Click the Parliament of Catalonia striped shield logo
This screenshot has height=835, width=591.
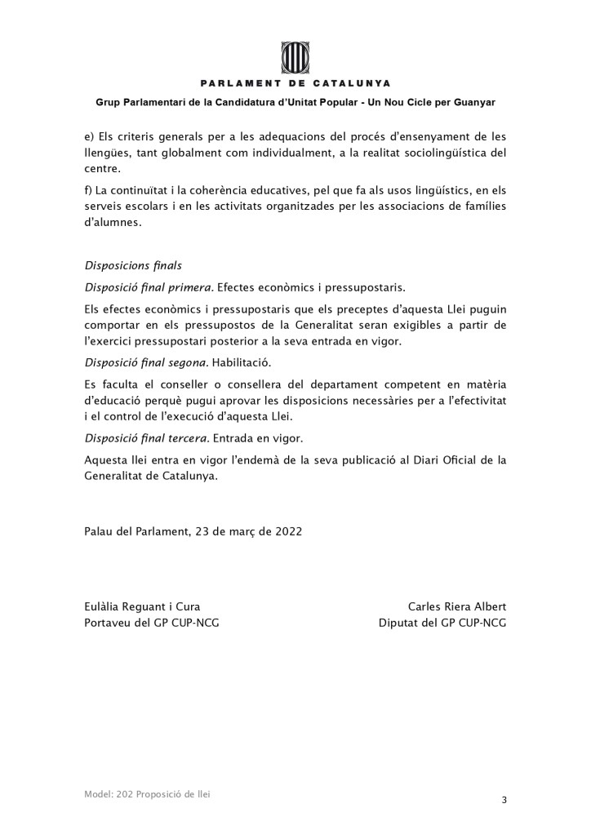click(295, 56)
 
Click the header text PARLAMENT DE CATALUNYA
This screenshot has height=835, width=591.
click(295, 83)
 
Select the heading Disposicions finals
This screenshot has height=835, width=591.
click(133, 266)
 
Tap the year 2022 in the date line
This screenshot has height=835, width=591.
click(288, 530)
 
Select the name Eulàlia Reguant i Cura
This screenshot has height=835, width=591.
click(142, 606)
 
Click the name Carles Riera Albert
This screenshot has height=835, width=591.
click(457, 606)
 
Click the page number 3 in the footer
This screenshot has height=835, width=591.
click(504, 800)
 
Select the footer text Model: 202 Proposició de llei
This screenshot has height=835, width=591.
click(147, 793)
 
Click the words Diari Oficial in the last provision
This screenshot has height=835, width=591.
click(424, 460)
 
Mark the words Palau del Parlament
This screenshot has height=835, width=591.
click(136, 530)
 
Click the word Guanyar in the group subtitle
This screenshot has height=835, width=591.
click(473, 103)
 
